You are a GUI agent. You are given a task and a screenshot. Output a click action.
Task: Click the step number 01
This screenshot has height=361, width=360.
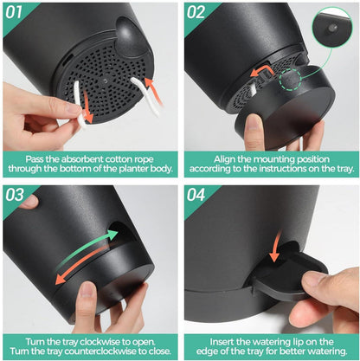pos(14,12)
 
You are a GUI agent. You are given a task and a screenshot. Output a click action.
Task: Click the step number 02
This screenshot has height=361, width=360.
pos(196,12)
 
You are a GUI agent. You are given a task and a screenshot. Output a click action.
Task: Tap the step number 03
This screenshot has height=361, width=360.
pos(15,195)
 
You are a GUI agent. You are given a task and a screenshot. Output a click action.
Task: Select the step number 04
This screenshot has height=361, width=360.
pos(196,195)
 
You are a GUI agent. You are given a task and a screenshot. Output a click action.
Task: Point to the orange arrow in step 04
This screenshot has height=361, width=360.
pos(275,246)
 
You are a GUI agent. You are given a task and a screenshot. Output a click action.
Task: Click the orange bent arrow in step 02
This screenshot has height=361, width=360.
pos(262,71)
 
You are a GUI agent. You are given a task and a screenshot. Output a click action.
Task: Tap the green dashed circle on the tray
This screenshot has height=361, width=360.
pos(290,80)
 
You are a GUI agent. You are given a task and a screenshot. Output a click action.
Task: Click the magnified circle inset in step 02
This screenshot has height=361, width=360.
pos(332,27)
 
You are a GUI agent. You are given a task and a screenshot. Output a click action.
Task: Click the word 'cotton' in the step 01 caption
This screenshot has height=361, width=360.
pos(119,159)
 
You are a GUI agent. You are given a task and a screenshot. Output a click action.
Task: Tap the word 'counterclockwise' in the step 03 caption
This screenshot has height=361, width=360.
pos(100,351)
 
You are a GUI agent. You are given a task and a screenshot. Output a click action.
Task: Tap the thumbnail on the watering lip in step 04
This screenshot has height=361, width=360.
pos(314,278)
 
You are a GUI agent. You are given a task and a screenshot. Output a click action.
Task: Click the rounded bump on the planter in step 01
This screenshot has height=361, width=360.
pos(128,36)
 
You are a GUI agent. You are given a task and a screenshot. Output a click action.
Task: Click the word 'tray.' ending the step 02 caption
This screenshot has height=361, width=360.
pos(345,169)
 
